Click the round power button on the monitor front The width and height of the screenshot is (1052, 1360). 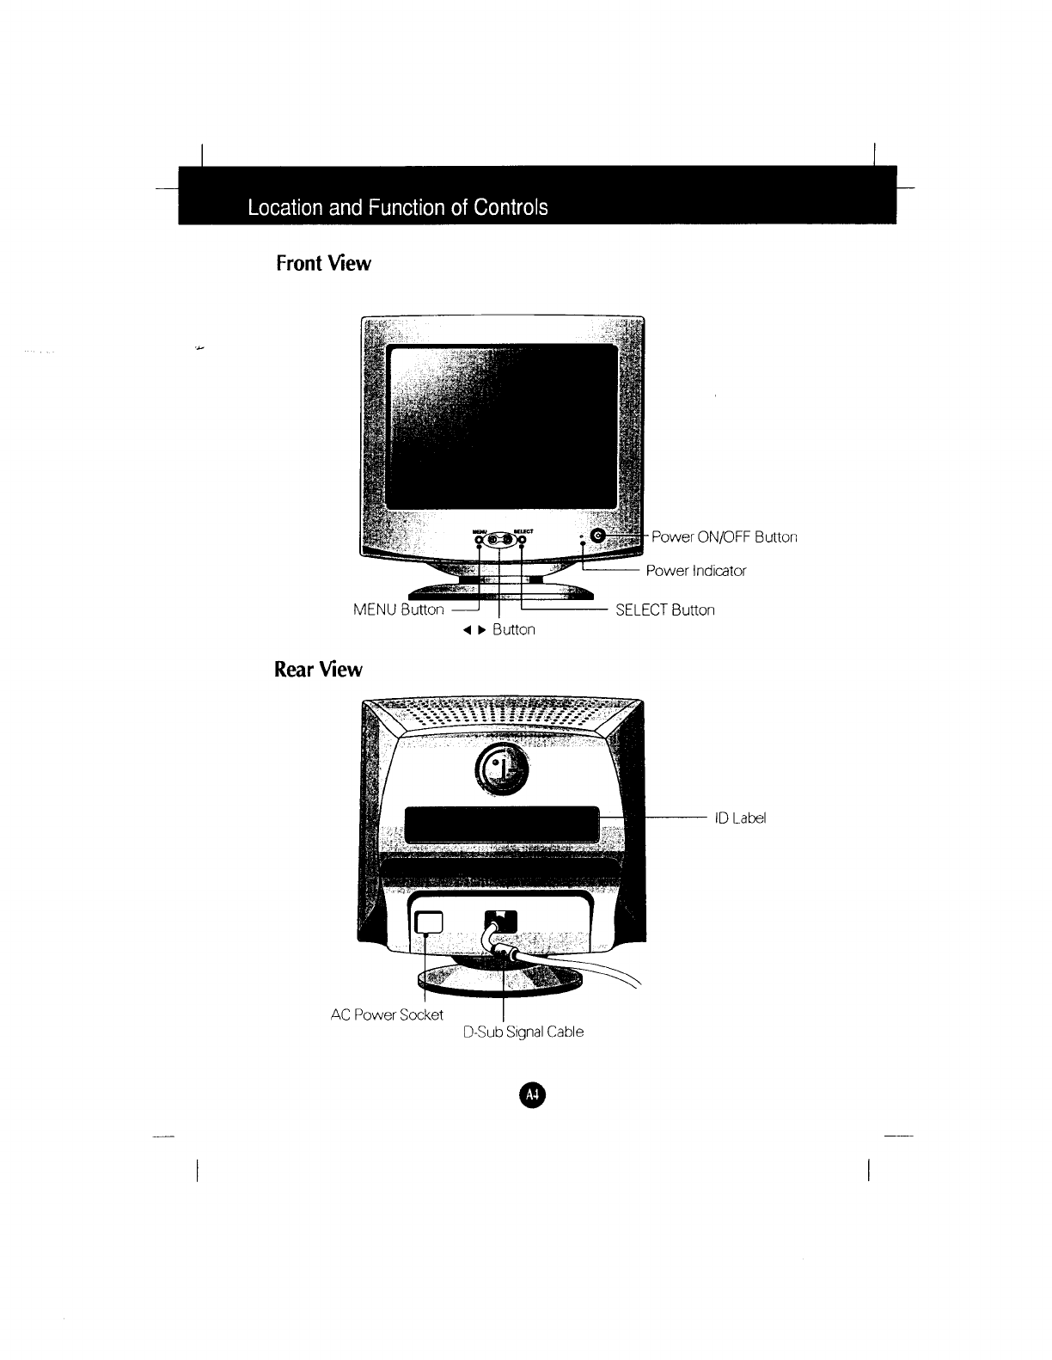[x=599, y=537]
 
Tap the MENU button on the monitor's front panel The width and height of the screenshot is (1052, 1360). [x=480, y=540]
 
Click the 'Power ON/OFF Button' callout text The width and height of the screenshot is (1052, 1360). [x=725, y=537]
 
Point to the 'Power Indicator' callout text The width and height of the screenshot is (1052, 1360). [x=696, y=571]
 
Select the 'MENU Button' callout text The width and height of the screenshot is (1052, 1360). [x=399, y=610]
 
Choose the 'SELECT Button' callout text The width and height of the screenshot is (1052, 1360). [x=665, y=610]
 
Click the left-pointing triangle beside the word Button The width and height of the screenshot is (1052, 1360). [x=470, y=630]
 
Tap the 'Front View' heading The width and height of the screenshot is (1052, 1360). [x=323, y=263]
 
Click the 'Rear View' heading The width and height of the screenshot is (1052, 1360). [x=318, y=669]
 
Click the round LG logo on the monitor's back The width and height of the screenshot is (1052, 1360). [x=503, y=768]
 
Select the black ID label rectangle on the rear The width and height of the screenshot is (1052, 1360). [x=502, y=825]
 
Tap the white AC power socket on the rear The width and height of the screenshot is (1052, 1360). [x=428, y=922]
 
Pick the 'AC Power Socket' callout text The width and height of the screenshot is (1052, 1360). [x=387, y=1014]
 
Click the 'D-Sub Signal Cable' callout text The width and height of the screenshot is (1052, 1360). [x=523, y=1032]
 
